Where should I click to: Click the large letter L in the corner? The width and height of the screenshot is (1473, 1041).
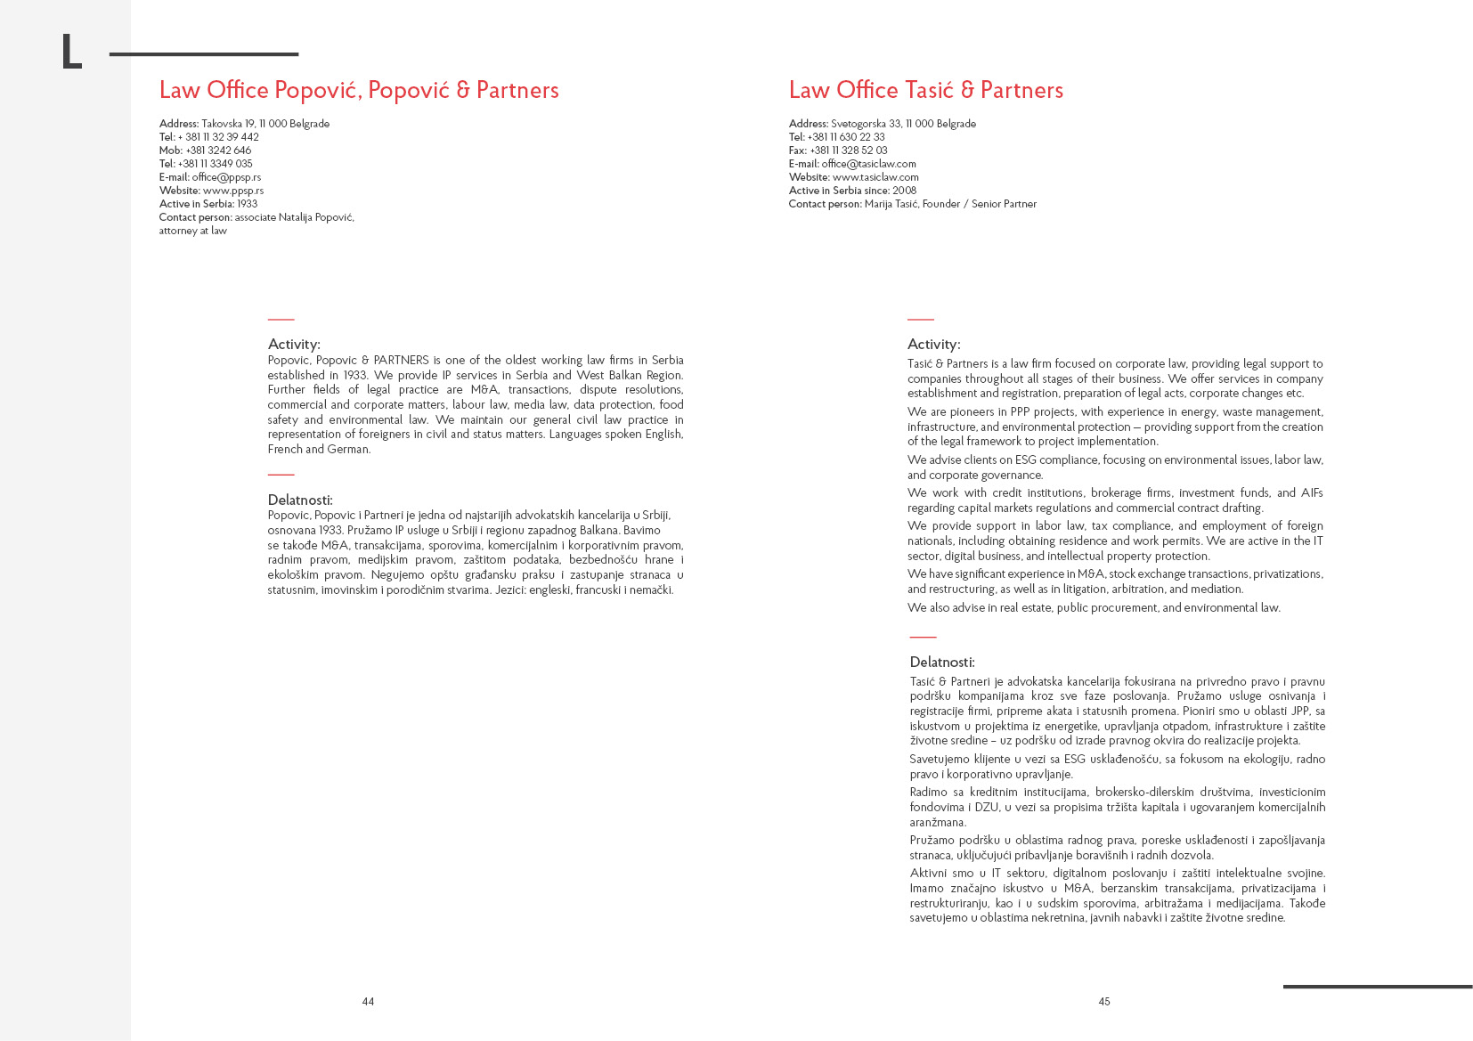pos(71,53)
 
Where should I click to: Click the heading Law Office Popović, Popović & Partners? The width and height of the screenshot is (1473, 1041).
pos(359,90)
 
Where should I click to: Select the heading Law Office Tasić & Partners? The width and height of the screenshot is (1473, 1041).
pos(925,90)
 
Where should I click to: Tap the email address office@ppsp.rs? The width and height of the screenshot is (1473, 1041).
pos(226,177)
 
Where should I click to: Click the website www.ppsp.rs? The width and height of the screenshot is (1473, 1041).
pos(233,191)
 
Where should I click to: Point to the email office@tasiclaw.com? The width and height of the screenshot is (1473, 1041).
pos(868,164)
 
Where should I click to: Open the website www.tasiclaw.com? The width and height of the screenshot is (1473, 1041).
pos(875,177)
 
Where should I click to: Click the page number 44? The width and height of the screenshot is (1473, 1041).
pos(368,1002)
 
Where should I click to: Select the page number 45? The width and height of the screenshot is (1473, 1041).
pos(1104,1002)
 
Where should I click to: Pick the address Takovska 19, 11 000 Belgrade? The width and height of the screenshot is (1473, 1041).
pos(265,124)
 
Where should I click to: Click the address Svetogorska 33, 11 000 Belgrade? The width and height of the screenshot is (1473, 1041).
pos(903,124)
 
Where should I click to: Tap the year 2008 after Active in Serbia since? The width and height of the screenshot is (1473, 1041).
pos(904,191)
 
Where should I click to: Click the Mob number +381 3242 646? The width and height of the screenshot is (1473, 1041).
pos(218,150)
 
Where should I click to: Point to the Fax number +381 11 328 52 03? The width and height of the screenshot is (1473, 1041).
pos(848,150)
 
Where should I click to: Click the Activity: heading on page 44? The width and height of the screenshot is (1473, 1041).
pos(294,345)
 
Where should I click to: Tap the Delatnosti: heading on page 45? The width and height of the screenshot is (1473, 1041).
pos(942,663)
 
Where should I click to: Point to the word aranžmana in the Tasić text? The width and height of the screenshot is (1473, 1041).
pos(937,823)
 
